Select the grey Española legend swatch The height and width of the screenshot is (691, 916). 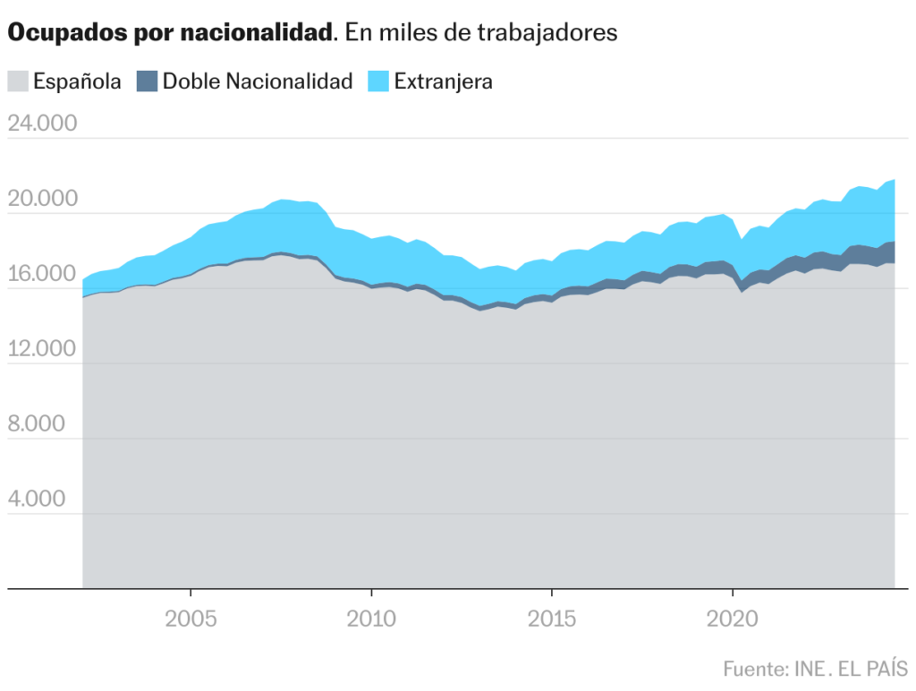tap(19, 81)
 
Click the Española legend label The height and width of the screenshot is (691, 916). tap(77, 81)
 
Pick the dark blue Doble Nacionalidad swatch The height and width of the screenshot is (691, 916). tap(147, 81)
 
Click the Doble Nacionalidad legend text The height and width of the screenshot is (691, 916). tap(258, 81)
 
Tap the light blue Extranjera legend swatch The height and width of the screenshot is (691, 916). tap(378, 81)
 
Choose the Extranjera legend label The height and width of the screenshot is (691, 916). tap(444, 81)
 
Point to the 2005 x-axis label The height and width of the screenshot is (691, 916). tap(191, 619)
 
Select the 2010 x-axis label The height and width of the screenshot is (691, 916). tap(371, 619)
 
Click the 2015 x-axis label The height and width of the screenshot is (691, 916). tap(552, 619)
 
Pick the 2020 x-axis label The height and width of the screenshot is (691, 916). tap(733, 619)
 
